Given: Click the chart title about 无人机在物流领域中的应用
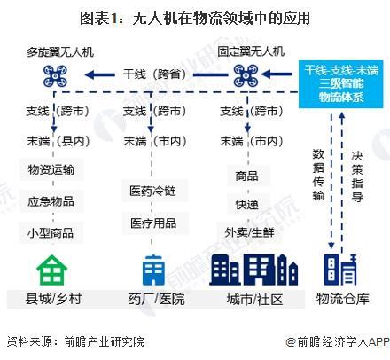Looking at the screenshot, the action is coord(195,18).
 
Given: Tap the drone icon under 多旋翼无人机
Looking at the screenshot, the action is coord(55,76).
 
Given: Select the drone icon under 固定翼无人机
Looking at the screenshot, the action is coord(246,75).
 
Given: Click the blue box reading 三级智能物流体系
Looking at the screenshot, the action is coord(341,84).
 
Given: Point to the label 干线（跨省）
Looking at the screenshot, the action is coord(154,74).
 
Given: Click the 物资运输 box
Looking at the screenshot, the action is coord(51,169).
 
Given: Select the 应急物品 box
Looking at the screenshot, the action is coord(51,201).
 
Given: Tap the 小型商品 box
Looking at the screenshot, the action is coord(51,233).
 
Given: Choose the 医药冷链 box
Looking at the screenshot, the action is coord(154,191).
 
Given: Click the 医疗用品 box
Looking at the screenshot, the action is coord(154,223).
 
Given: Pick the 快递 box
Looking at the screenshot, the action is coord(248,205).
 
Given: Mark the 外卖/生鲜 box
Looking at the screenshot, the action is coord(249,232).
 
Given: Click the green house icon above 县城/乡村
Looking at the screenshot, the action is coord(52,270).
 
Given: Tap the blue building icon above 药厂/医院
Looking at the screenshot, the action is coord(153,270).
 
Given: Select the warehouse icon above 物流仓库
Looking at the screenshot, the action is coord(340,270).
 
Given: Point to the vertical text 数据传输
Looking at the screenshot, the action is coord(318,175).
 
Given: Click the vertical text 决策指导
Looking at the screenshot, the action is coord(357,176).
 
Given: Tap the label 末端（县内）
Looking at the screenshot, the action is coord(58,141).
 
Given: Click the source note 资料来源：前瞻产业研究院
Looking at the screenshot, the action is coord(75,341).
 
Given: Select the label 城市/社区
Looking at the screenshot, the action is coord(254,299).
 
